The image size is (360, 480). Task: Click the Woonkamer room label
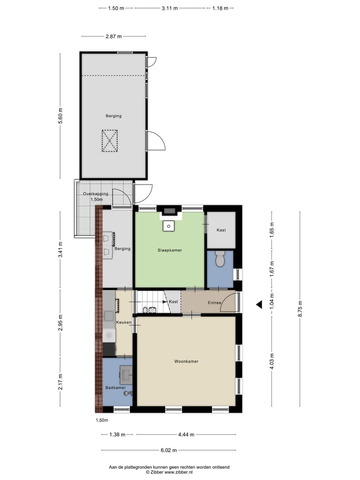click(x=186, y=361)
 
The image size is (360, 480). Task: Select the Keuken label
click(x=123, y=322)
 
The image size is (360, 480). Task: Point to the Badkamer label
click(x=115, y=387)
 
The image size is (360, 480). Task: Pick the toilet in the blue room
click(x=220, y=259)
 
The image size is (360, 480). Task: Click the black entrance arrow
click(x=259, y=304)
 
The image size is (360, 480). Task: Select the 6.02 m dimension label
click(x=169, y=450)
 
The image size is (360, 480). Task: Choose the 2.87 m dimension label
click(x=113, y=36)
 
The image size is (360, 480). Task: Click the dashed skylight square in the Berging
click(x=109, y=140)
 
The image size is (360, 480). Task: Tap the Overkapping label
click(x=95, y=194)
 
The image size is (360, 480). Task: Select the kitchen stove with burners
click(x=109, y=335)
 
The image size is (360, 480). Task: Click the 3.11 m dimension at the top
click(x=170, y=8)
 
